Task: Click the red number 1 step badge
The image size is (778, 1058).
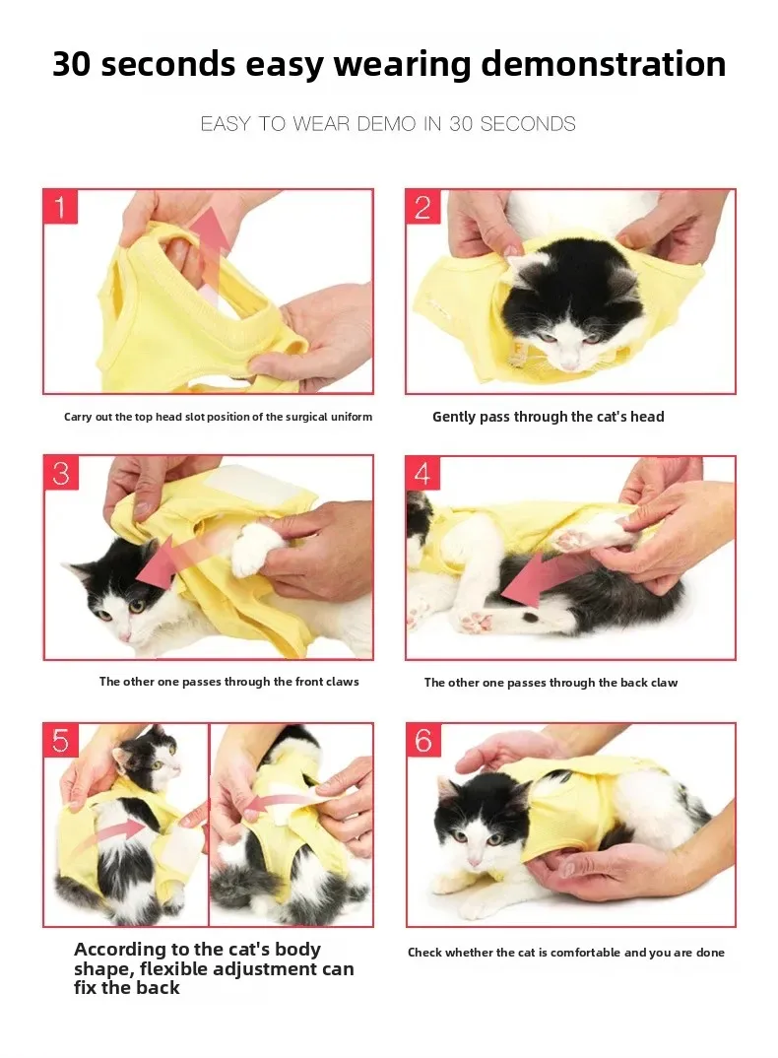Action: (61, 207)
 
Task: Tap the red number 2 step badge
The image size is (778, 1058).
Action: (422, 207)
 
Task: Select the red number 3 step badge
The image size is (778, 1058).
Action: (61, 473)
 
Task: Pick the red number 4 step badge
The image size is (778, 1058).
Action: (422, 473)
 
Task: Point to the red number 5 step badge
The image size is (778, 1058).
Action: (61, 741)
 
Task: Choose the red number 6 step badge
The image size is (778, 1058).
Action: (423, 741)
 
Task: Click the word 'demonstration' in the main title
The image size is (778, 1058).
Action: (604, 64)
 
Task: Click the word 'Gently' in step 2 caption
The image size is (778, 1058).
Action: (454, 417)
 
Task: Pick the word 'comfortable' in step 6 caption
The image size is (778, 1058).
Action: (585, 953)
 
